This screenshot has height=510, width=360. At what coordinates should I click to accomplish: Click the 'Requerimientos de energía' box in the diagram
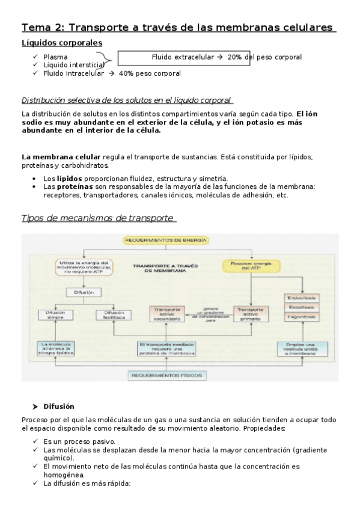click(x=166, y=240)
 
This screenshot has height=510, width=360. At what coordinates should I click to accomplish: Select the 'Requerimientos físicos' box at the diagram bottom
click(x=166, y=375)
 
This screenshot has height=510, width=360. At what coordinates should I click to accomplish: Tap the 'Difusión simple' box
click(x=55, y=314)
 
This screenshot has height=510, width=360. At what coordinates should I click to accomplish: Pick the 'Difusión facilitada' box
click(x=114, y=314)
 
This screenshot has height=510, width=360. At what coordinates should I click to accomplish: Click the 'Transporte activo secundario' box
click(x=166, y=313)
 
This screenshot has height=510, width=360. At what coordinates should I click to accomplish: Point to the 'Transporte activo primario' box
click(x=249, y=313)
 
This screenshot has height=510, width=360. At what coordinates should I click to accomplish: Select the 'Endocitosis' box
click(x=302, y=298)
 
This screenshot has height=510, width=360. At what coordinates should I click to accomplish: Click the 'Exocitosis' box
click(x=302, y=307)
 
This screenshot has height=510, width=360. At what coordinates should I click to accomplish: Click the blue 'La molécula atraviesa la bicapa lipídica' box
click(x=55, y=348)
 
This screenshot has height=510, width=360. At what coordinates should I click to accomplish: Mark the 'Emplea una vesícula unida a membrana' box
click(x=302, y=348)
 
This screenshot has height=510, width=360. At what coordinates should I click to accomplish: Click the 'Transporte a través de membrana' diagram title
click(x=166, y=267)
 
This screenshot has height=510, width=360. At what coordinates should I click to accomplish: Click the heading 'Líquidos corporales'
click(x=61, y=43)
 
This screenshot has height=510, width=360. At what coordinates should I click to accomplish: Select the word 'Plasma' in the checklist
click(x=55, y=57)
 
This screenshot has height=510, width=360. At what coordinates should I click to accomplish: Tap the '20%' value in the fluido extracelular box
click(x=235, y=57)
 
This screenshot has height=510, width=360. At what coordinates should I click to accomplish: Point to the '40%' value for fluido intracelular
click(x=126, y=73)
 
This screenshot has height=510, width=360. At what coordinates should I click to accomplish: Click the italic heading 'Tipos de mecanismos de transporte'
click(x=98, y=218)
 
